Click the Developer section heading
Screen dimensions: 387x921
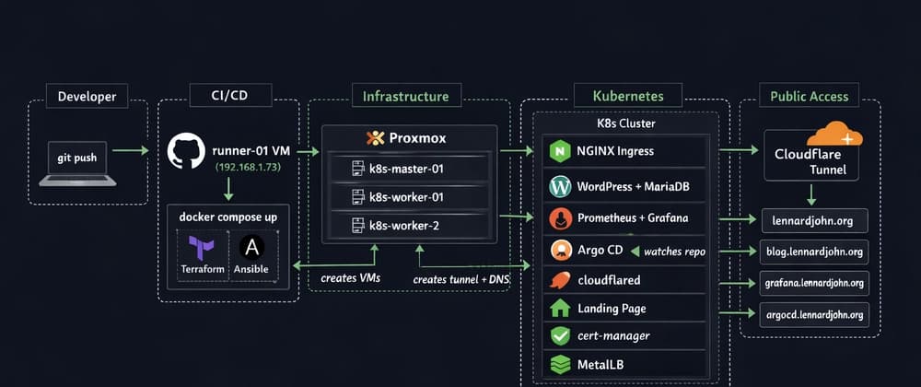(87, 96)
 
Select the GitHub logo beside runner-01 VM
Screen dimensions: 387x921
(186, 151)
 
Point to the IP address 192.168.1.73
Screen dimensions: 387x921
(250, 167)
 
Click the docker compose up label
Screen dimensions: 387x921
(228, 217)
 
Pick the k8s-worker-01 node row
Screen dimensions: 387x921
(408, 197)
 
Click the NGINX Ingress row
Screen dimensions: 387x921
(626, 151)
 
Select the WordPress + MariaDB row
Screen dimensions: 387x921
(626, 186)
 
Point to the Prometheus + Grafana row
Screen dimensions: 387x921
(626, 218)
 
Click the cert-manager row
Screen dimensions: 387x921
(626, 336)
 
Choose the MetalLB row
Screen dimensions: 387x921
(626, 365)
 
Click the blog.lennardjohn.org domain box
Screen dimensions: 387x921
(813, 252)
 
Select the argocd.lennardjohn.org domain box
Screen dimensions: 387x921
(813, 315)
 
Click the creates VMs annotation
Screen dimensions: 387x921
(349, 277)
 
